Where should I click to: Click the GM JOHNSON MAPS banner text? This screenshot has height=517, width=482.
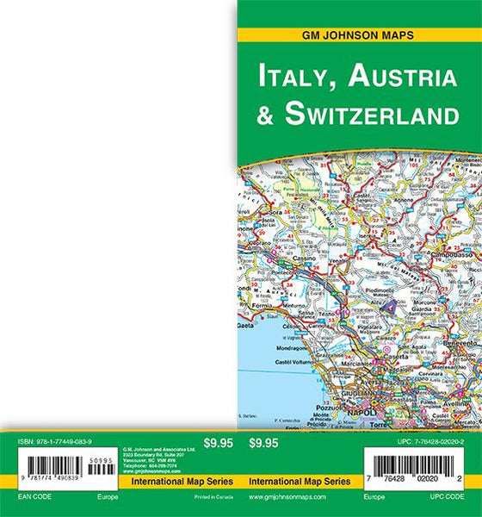pos(358,36)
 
